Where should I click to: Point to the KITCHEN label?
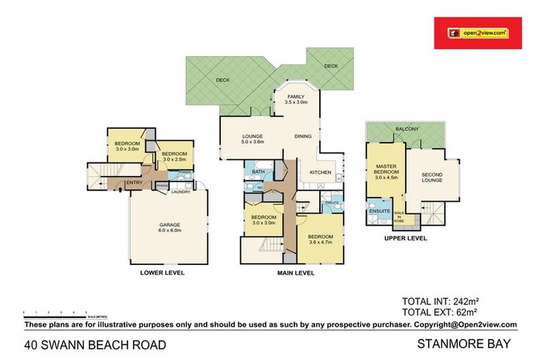321,172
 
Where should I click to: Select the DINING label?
303,136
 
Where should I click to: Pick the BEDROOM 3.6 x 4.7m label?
320,239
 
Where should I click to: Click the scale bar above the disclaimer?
55,311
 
